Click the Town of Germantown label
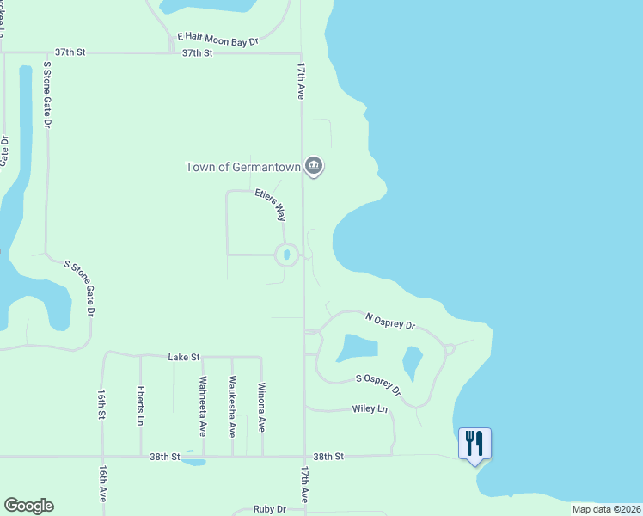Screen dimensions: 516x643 point(243,167)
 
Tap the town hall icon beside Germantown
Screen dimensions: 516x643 point(314,166)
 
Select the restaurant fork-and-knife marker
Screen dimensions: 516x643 point(475,444)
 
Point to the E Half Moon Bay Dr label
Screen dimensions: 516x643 point(217,38)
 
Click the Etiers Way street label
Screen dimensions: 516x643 point(270,206)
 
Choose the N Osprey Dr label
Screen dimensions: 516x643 point(390,321)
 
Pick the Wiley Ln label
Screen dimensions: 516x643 point(370,409)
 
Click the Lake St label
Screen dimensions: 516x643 point(184,356)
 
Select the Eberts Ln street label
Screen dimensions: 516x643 point(140,406)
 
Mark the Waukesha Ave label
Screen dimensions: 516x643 point(232,405)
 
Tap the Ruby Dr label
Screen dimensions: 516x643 point(269,510)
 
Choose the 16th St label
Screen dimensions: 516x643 point(101,403)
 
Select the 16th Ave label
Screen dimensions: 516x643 point(101,484)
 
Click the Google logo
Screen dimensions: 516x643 point(28,506)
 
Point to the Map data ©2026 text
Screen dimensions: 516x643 point(606,509)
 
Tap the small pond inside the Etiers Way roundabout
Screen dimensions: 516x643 point(286,255)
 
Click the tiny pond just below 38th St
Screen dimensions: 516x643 point(194,462)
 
